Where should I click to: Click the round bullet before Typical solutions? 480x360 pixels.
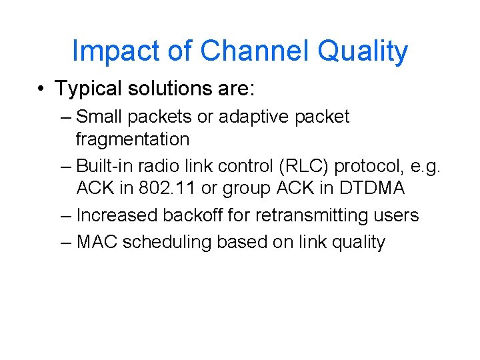point(42,89)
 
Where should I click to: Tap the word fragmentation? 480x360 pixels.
point(132,139)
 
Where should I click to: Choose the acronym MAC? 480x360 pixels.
point(97,242)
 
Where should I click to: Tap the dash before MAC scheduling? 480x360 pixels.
point(65,242)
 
